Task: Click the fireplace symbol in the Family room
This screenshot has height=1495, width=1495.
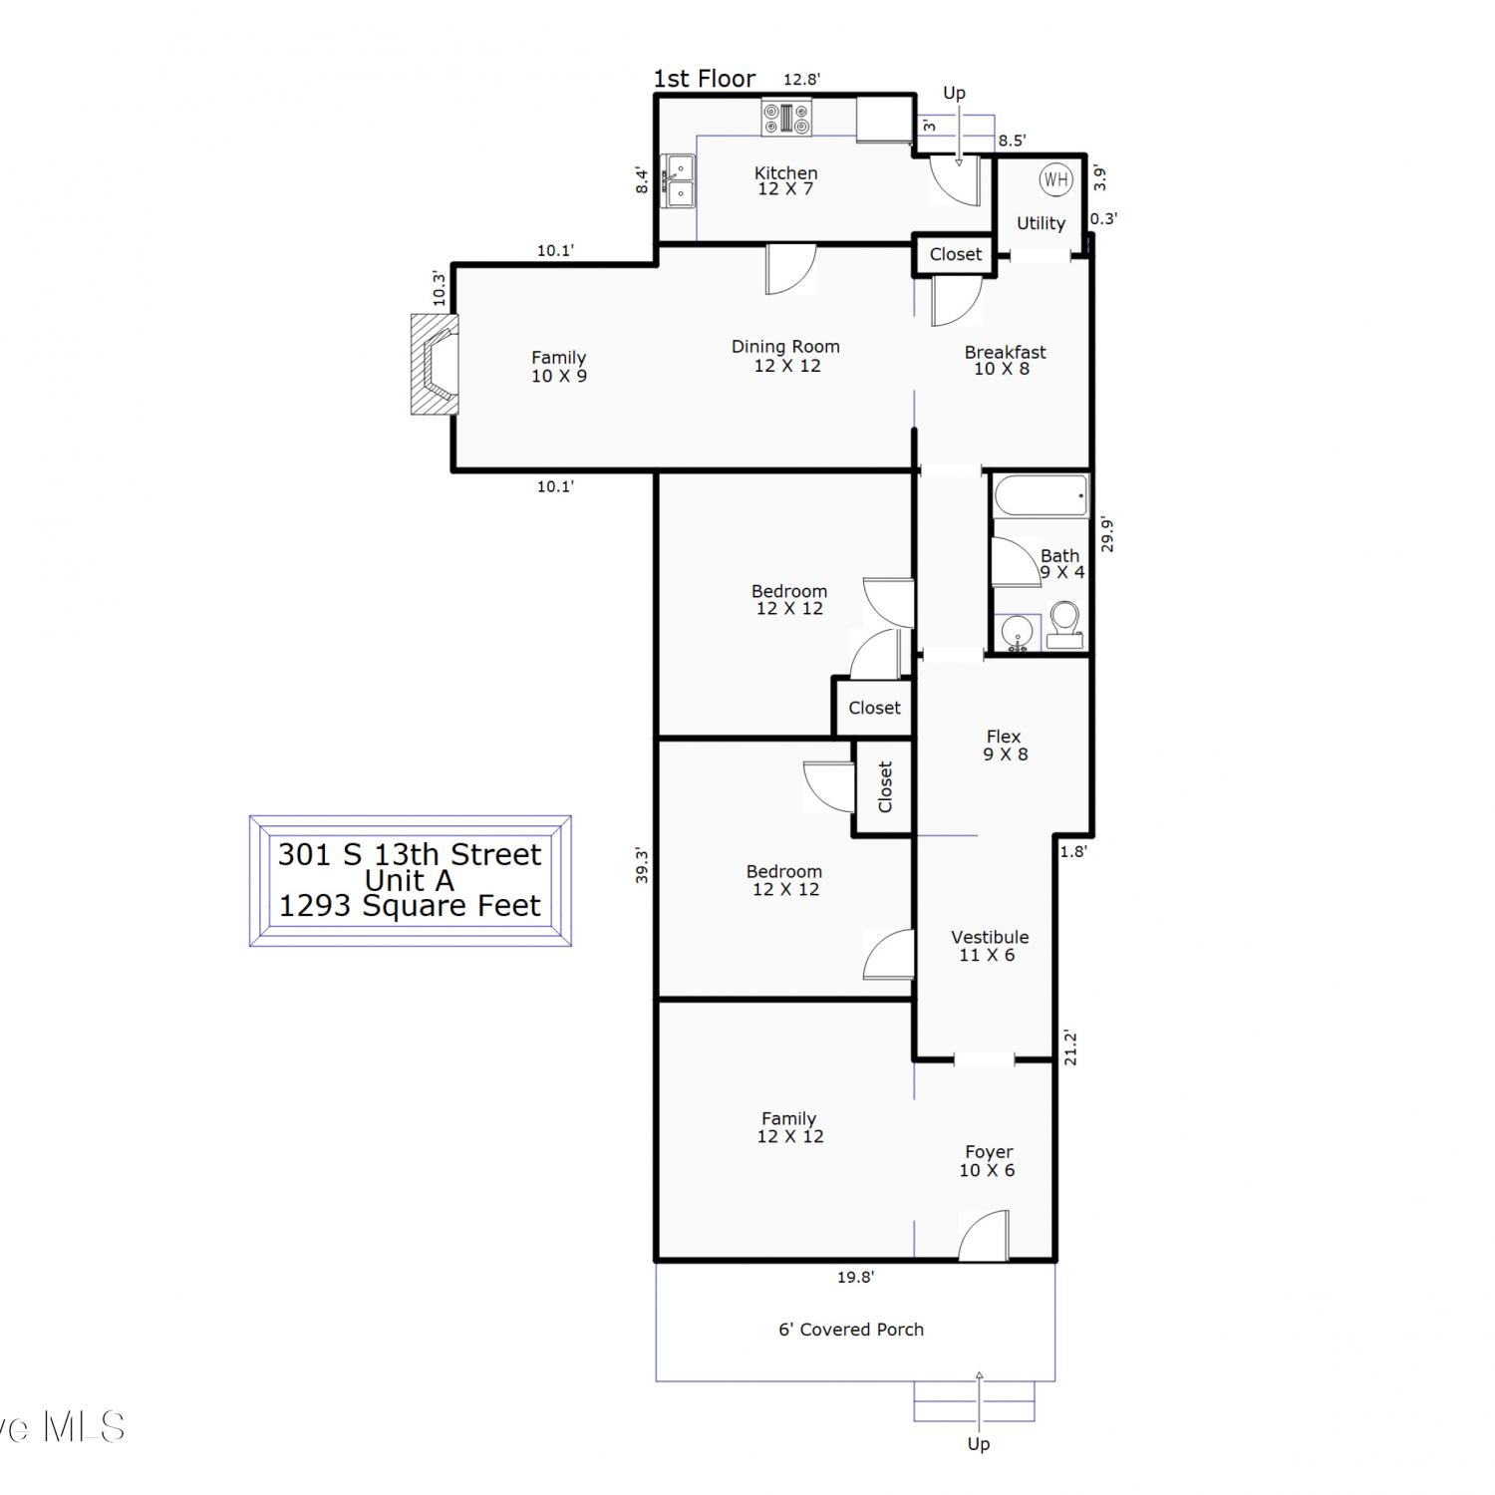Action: [x=436, y=365]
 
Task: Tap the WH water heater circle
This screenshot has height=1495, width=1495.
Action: [x=1055, y=180]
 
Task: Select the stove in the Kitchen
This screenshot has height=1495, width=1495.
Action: [x=786, y=119]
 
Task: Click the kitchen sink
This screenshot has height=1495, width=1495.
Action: [x=679, y=181]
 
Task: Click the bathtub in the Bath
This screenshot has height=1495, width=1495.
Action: [x=1041, y=495]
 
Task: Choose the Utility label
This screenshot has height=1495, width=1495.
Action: [x=1041, y=223]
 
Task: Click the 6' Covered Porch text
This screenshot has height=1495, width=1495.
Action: [x=851, y=1330]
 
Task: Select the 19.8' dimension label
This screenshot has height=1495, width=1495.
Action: [x=855, y=1277]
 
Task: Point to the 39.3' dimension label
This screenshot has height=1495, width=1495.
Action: [x=642, y=865]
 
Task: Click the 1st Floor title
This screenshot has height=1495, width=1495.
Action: [x=705, y=79]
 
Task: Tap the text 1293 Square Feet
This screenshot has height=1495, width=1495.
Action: [x=410, y=906]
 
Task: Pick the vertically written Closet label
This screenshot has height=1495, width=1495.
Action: [x=885, y=787]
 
